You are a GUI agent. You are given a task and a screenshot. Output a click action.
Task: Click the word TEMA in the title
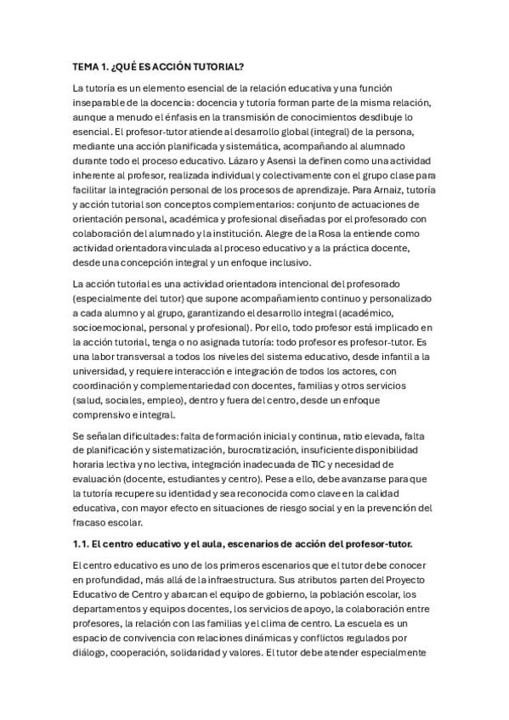point(86,65)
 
